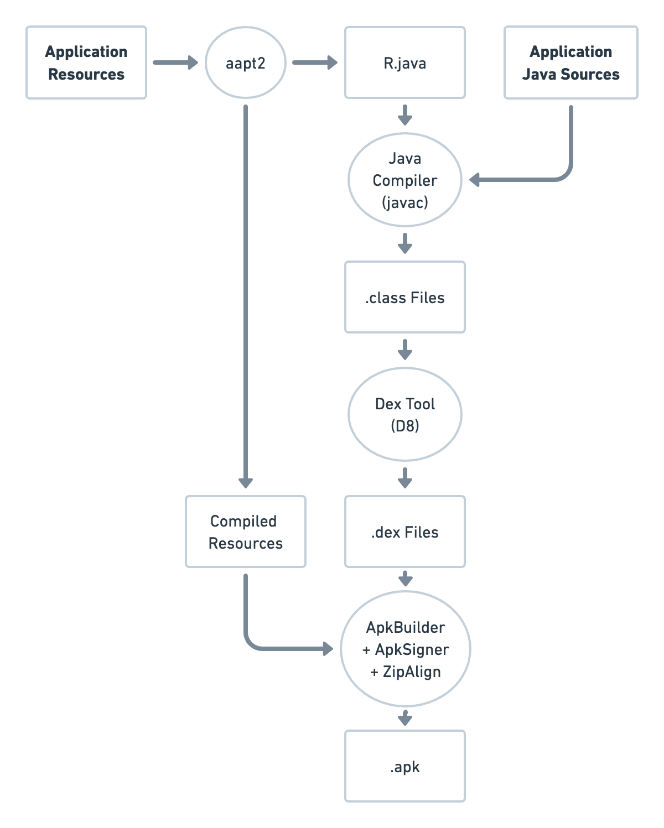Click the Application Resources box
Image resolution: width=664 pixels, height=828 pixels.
[86, 63]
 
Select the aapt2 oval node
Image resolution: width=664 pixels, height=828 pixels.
[245, 63]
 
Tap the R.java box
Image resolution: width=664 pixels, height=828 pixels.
[405, 63]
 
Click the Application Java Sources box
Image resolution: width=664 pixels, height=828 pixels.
[570, 63]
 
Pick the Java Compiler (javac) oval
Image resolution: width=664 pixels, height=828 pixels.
[405, 180]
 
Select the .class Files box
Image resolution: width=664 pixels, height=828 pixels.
[405, 298]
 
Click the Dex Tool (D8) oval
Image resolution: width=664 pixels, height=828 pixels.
[405, 415]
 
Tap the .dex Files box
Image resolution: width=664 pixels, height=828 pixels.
[405, 532]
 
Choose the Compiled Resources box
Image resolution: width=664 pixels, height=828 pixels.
[245, 532]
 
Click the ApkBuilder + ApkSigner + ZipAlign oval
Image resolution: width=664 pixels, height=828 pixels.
[405, 649]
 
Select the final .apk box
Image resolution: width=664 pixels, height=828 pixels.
[405, 767]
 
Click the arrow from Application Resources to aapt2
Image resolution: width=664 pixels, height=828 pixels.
[175, 63]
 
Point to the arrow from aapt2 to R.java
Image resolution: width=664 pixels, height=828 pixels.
[314, 63]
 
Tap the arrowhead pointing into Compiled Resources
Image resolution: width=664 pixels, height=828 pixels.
[245, 482]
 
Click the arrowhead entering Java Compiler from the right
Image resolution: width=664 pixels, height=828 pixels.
[475, 180]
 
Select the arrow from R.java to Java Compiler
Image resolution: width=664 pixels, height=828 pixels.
[405, 115]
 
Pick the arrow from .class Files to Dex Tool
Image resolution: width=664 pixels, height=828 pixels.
[405, 350]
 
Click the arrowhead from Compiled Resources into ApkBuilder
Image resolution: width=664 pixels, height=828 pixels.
[328, 649]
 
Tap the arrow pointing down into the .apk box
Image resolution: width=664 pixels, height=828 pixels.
[405, 718]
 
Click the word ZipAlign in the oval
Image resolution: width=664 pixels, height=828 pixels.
[412, 672]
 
